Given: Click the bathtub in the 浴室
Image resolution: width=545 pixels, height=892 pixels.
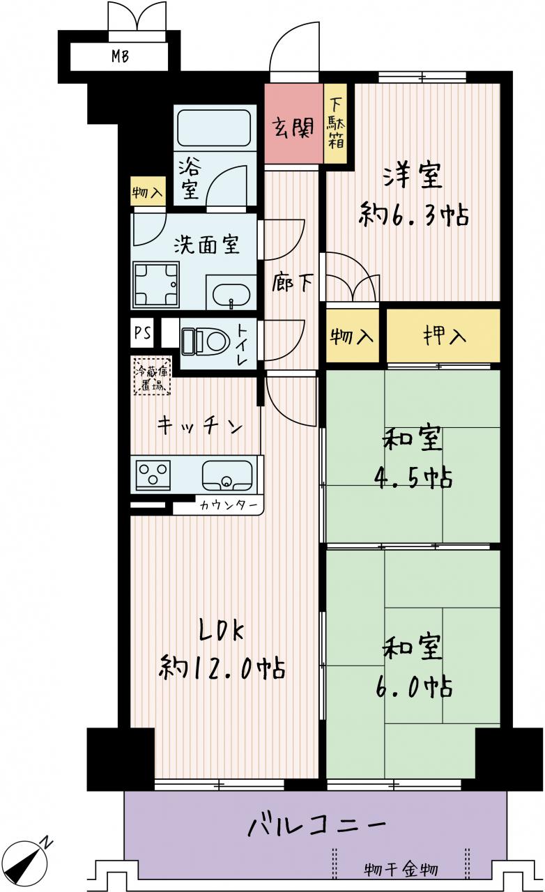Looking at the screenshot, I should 214,127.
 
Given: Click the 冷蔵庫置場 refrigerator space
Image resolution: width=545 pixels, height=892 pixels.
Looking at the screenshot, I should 152,376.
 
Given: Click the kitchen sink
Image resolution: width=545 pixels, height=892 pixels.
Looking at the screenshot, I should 227,475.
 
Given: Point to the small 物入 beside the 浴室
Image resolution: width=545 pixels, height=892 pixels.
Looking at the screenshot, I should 147,192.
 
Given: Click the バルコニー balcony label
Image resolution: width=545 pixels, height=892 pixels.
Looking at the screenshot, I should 317,826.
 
